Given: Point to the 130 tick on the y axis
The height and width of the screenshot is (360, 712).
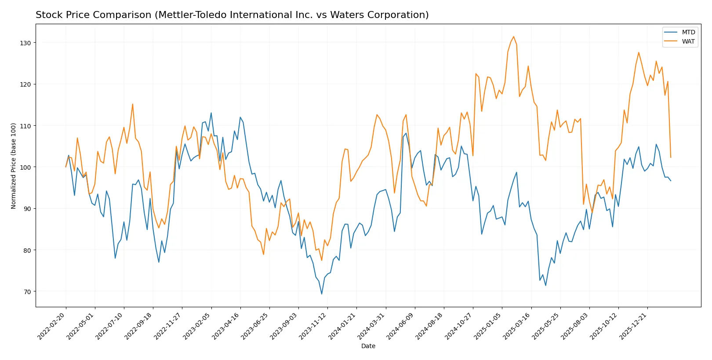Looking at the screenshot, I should pos(25,43).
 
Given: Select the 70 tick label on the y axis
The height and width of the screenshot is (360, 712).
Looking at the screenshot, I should pos(27,292).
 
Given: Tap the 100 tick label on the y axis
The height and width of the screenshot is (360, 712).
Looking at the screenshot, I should pos(25,167).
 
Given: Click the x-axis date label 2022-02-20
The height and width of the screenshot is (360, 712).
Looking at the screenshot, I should pos(52,326).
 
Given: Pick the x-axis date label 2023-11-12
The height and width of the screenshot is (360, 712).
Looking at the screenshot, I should pos(313,326).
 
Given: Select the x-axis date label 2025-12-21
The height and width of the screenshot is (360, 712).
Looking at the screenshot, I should pos(633,326).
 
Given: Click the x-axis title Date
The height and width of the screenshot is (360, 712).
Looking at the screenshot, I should pos(368,346).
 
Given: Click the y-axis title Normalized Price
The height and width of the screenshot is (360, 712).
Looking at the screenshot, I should pos(13,166).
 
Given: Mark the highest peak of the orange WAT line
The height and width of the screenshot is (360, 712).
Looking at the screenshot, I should pos(513,36).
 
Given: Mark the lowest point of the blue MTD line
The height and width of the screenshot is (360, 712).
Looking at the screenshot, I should pos(322,294).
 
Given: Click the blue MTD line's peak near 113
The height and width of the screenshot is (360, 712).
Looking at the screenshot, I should pos(211,113).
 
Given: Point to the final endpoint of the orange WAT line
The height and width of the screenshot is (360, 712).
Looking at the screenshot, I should pos(671,157).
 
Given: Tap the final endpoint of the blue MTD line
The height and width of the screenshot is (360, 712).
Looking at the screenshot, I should pos(671,181).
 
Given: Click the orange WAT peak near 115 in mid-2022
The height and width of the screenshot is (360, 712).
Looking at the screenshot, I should pos(132,104).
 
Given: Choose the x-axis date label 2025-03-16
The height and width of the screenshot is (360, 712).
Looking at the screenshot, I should pos(517,326).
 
